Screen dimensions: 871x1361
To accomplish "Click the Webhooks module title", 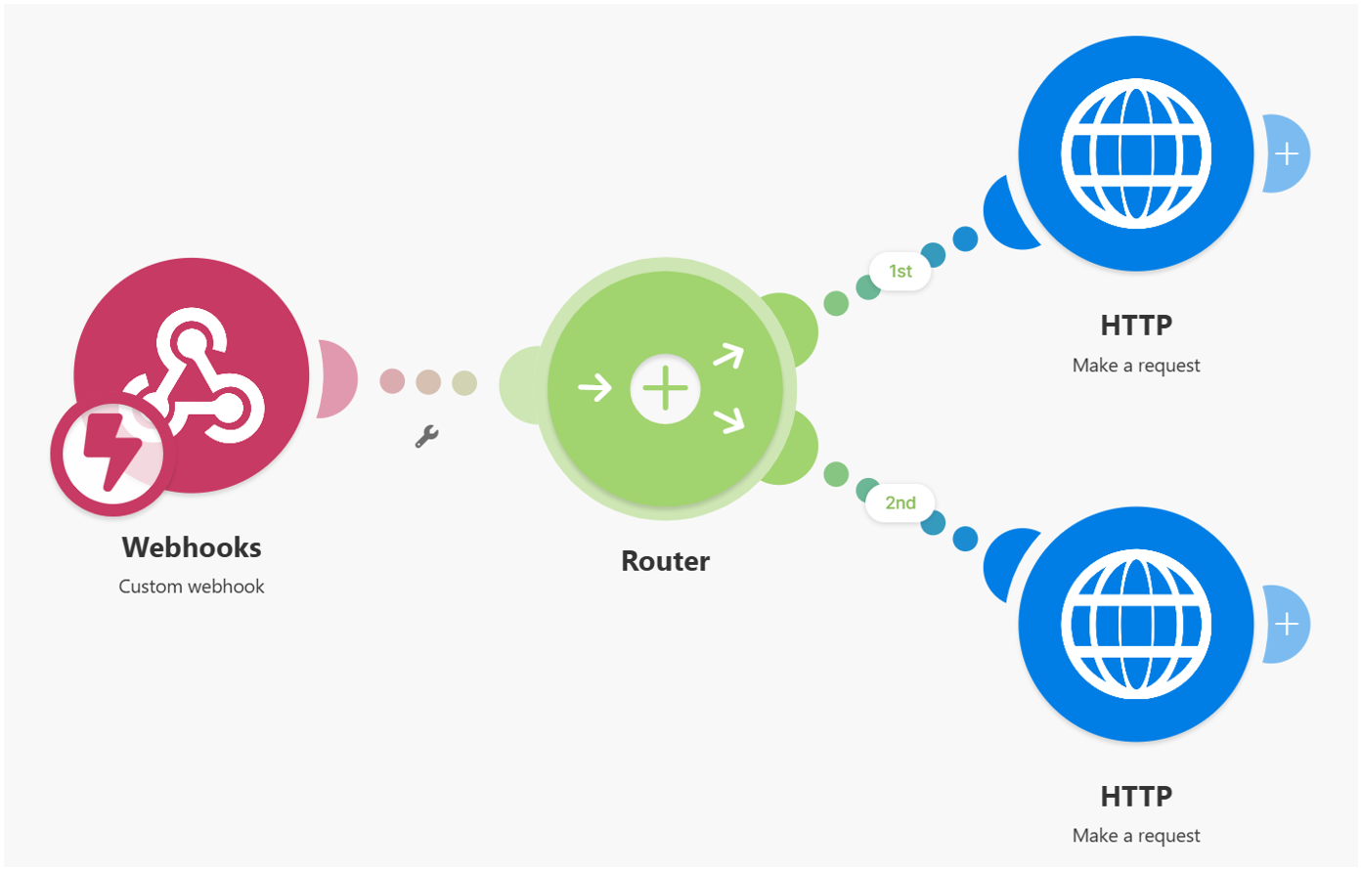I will pos(192,547).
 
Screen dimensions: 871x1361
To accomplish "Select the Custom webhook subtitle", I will pos(192,587).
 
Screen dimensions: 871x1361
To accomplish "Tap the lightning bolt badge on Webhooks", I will pos(111,456).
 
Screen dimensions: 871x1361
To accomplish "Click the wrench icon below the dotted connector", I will pos(426,436).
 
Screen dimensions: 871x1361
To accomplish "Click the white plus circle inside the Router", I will pos(665,388).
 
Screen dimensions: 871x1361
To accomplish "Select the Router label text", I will pos(665,561).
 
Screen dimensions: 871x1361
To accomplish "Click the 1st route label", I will pos(900,271).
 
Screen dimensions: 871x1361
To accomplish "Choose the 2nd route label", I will pos(900,502).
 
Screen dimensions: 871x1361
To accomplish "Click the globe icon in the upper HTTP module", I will pos(1135,153).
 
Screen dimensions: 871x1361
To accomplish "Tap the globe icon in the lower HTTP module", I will pos(1135,625).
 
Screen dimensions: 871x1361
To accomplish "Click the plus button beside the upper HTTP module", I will pos(1287,153).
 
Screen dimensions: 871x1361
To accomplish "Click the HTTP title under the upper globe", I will pos(1135,325).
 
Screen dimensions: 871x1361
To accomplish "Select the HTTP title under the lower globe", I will pos(1135,796).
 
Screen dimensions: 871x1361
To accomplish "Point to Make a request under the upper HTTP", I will pos(1135,366).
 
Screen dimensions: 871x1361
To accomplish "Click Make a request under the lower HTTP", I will pos(1135,836).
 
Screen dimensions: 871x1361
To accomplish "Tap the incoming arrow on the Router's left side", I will pos(594,388).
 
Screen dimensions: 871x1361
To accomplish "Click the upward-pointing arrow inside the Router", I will pos(728,356).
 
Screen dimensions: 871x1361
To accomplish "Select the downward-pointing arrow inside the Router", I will pos(728,420).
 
